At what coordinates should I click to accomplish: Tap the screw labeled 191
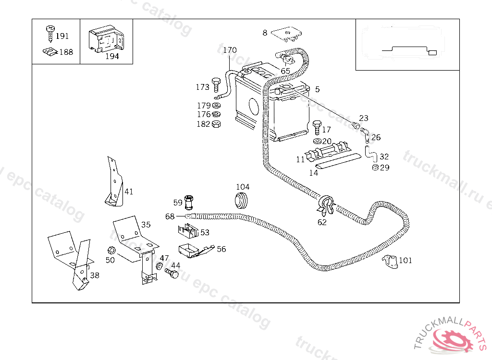pos(49,33)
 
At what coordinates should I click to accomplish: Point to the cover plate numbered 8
pos(286,34)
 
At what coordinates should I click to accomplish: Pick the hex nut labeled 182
pos(216,124)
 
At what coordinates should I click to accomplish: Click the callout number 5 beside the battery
pos(317,89)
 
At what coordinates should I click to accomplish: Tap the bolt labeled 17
pos(316,128)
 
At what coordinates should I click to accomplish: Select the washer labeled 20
pos(316,141)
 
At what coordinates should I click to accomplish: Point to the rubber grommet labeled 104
pos(242,200)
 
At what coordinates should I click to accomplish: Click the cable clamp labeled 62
pos(325,204)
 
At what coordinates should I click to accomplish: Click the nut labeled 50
pos(110,250)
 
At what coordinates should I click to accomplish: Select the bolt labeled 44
pos(172,274)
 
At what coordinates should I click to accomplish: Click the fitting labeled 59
pos(188,202)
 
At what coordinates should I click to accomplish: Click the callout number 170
pos(230,50)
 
